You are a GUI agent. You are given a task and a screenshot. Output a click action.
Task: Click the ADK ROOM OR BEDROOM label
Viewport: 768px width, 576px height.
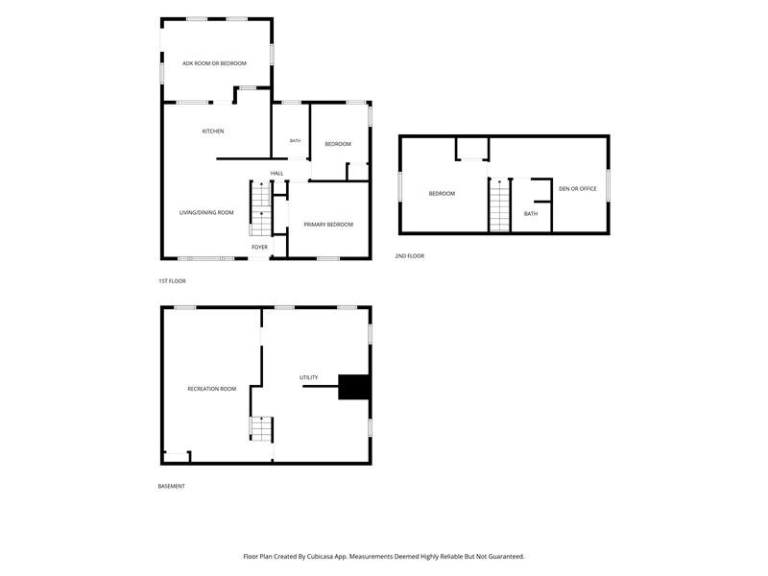coord(214,63)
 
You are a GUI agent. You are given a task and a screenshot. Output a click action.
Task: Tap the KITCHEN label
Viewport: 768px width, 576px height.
coord(213,132)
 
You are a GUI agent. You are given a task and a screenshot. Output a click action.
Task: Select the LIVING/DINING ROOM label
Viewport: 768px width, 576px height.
coord(206,212)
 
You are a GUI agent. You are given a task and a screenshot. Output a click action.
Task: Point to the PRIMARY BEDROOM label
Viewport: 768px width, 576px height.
coord(328,225)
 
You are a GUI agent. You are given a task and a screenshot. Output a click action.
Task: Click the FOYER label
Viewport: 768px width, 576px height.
coord(259,248)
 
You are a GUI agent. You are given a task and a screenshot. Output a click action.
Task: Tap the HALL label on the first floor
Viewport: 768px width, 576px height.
coord(276,174)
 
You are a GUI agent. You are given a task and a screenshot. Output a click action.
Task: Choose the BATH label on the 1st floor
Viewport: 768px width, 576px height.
coord(295,141)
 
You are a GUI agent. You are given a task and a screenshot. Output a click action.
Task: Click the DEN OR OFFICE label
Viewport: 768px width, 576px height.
coord(578,188)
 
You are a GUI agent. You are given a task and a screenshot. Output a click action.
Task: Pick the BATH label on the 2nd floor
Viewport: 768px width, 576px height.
coord(531,213)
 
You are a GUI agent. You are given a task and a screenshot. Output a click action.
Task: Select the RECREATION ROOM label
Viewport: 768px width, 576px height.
coord(211,389)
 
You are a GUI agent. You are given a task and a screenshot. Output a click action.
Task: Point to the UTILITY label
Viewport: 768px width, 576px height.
coord(308,377)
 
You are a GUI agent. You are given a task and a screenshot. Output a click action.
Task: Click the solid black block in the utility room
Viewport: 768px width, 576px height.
coord(353,387)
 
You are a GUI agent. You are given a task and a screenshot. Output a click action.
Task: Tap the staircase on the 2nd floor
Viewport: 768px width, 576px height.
coord(499,204)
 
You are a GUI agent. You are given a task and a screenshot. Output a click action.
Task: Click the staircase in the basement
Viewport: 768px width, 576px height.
coord(261,428)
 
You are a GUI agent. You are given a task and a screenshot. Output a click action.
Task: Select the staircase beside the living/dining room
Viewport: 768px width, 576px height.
coord(260,208)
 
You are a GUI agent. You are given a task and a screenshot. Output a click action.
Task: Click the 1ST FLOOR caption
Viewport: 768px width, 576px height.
coord(172,281)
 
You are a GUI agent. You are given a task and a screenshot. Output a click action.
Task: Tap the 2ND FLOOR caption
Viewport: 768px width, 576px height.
coord(410,256)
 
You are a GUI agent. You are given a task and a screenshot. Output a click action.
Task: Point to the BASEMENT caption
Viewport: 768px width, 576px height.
coord(172,487)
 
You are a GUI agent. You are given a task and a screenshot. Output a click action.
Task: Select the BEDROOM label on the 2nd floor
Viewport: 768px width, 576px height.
coord(442,194)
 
